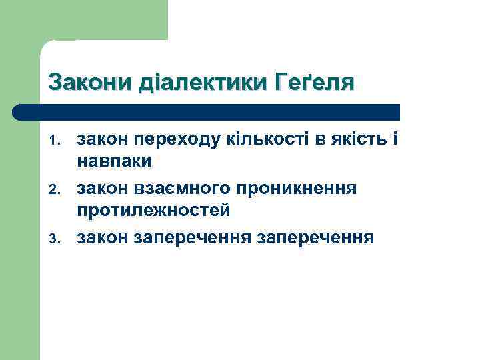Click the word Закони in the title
[91, 83]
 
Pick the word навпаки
[114, 161]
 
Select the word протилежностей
[153, 211]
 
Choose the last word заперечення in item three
[315, 238]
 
